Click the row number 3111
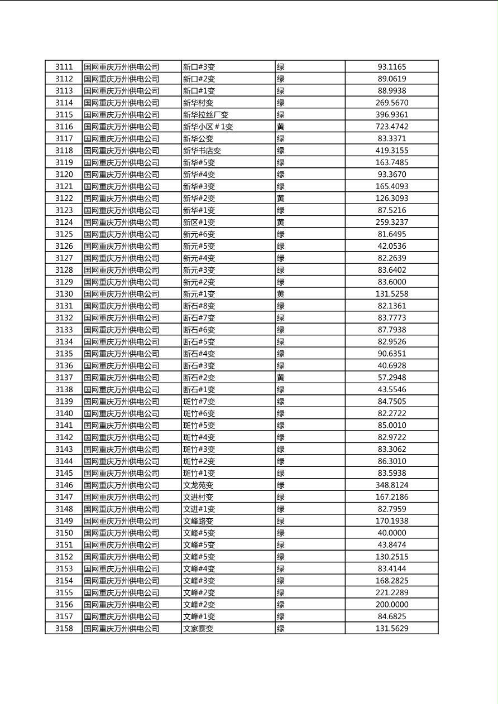[64, 67]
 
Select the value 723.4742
[392, 127]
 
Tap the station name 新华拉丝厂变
[206, 115]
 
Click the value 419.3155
[392, 151]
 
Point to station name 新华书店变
[202, 151]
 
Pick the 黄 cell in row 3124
[281, 222]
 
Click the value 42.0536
[392, 246]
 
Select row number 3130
[64, 294]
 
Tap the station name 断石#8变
[199, 306]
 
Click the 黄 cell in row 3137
[281, 378]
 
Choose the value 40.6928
[392, 366]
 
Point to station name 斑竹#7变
[199, 402]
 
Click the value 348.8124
[392, 485]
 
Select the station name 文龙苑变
[199, 485]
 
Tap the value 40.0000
[392, 533]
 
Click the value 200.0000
[392, 605]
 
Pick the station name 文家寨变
[199, 629]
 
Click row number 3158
[64, 629]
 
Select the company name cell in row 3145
[122, 473]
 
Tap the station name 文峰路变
[199, 521]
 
